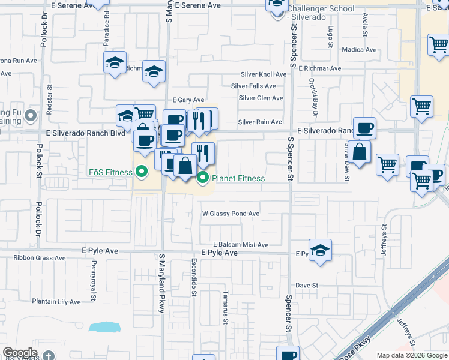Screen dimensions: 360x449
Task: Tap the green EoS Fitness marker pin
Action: tap(142, 172)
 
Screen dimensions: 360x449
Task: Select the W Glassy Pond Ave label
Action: tap(231, 214)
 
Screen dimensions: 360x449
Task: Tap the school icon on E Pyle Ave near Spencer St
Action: tap(320, 250)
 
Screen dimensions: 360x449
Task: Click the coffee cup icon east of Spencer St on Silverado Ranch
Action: tap(364, 128)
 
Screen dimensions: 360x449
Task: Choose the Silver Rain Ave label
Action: tap(260, 122)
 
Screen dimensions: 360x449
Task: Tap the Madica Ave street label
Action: tap(358, 50)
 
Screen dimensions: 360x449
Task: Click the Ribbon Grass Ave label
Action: tap(40, 258)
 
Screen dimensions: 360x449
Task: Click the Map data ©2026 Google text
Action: tap(412, 355)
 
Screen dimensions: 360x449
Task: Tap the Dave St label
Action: tap(306, 285)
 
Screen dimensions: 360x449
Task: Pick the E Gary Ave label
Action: tap(188, 100)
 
